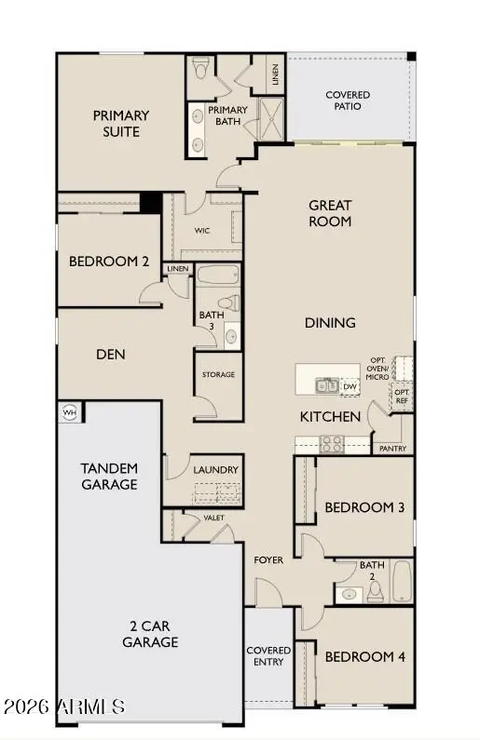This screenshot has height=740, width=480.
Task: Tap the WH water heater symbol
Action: [69, 410]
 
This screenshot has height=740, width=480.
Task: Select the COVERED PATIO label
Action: [347, 101]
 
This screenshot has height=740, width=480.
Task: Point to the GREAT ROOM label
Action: [330, 213]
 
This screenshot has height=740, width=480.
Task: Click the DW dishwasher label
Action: [350, 386]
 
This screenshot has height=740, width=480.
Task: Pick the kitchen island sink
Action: [326, 385]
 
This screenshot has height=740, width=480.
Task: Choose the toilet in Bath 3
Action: [227, 303]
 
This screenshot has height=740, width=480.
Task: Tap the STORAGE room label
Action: [218, 374]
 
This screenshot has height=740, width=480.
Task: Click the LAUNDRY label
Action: [215, 470]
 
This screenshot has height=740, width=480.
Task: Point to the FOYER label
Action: [268, 560]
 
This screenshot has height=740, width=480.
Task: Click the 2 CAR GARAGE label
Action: [149, 634]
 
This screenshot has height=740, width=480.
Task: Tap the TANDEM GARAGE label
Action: [109, 476]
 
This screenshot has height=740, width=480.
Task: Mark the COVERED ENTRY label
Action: [268, 655]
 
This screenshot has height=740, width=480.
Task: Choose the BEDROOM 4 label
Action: [364, 656]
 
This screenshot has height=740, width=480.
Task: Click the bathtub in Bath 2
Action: [401, 581]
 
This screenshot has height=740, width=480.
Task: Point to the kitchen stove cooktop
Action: [332, 444]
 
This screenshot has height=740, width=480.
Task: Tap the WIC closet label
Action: [201, 229]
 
